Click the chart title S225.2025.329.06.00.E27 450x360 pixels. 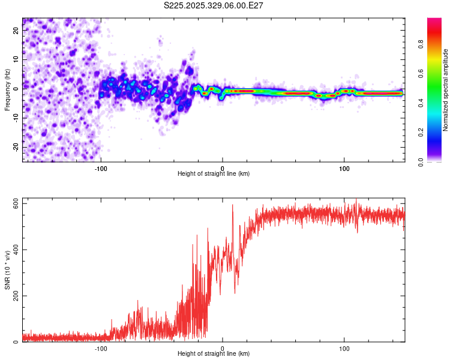point(214,5)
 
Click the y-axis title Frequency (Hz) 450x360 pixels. point(7,89)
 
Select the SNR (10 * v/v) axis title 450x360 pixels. point(7,270)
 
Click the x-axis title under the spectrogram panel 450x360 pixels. point(214,173)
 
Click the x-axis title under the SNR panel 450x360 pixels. point(214,354)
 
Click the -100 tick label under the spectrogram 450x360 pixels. point(101,168)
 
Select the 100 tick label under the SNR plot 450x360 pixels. point(344,349)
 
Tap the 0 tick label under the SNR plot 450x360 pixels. point(223,349)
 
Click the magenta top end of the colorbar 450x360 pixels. point(434,20)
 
